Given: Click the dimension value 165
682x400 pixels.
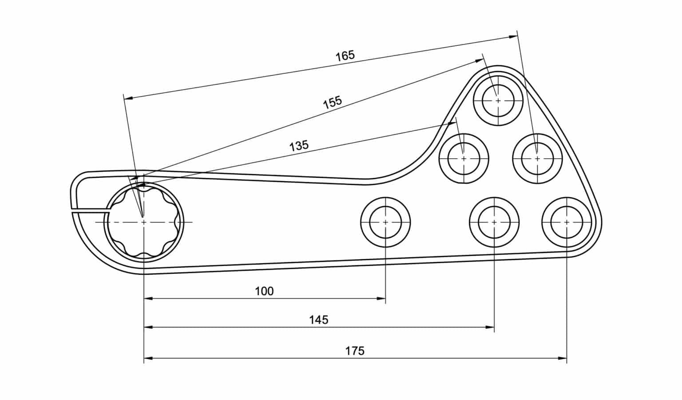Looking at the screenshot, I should [x=345, y=56].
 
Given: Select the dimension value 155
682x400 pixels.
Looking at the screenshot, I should [x=332, y=102].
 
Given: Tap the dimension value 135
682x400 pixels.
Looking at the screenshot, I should [x=299, y=145].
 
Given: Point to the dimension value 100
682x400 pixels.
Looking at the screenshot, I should [x=264, y=292].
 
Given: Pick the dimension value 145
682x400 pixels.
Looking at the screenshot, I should [x=318, y=320].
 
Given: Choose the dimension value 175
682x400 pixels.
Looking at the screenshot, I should [x=355, y=351].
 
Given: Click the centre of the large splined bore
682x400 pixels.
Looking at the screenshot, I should [x=143, y=221].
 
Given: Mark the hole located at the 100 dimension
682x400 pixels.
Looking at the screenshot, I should [x=385, y=221].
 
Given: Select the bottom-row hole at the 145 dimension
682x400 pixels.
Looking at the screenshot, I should [x=494, y=221].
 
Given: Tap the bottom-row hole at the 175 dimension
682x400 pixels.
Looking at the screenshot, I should [x=567, y=221].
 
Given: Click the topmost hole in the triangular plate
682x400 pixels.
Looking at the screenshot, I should [x=498, y=100].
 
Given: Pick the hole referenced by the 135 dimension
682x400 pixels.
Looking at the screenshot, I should [x=464, y=158].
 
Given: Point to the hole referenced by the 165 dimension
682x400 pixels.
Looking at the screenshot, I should [x=537, y=158].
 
